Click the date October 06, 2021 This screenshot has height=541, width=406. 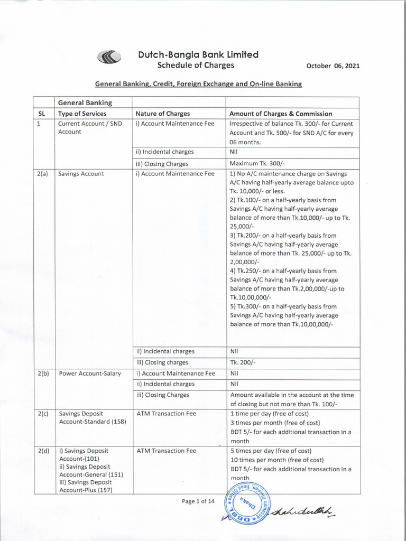334,66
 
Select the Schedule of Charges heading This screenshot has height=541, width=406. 196,65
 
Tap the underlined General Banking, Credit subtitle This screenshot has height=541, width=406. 198,84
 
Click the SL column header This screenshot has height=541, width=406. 43,114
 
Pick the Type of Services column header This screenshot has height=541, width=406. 82,114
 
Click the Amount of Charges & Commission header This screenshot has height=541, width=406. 281,114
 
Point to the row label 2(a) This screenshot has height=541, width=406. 43,173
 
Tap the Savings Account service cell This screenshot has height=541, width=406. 81,173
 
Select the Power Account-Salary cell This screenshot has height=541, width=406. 90,373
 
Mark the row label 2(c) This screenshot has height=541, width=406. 43,414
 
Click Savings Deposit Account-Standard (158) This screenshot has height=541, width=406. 88,418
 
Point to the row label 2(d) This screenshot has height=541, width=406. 43,451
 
